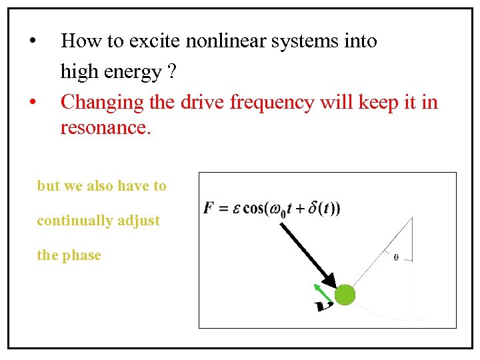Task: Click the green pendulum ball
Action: (x=345, y=294)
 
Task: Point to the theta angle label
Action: (x=396, y=257)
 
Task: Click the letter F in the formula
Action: (x=208, y=208)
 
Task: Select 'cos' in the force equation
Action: (x=253, y=208)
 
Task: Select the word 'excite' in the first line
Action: (x=153, y=41)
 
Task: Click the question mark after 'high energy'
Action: (x=172, y=71)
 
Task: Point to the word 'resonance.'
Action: (x=106, y=127)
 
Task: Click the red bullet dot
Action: (x=32, y=103)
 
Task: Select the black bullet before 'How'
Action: (x=32, y=41)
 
